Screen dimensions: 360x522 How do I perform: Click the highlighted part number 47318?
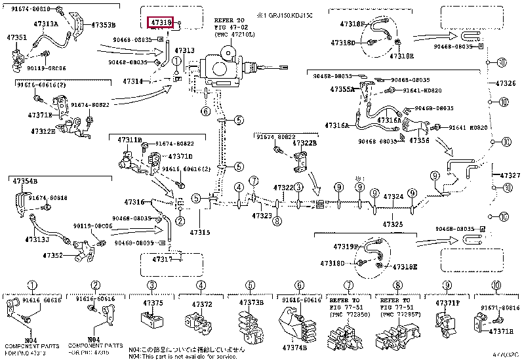tap(161, 24)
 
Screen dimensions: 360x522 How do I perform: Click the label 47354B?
tap(24, 180)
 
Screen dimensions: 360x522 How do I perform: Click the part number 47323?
tap(262, 215)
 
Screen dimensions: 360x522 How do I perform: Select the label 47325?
tap(393, 224)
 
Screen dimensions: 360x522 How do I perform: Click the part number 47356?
tap(420, 140)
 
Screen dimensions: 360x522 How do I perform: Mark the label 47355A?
tap(342, 89)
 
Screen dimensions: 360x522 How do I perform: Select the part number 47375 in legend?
tap(153, 303)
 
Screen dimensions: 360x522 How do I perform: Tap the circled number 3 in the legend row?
tap(152, 285)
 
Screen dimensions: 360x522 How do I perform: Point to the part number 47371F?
tap(449, 303)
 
